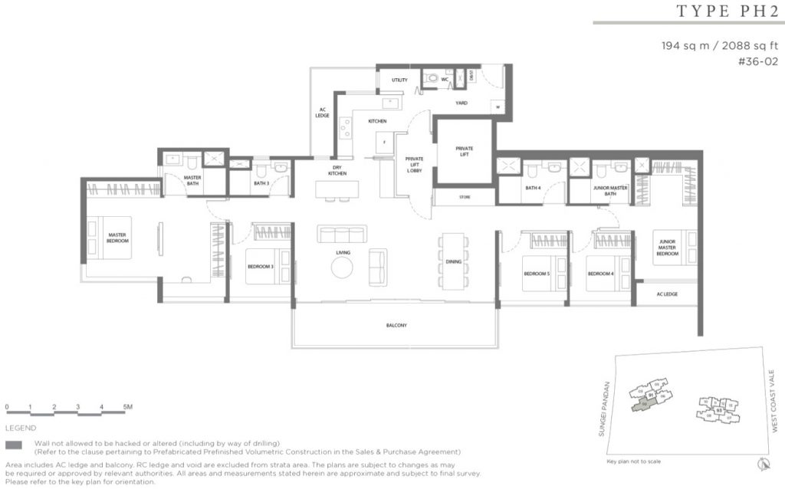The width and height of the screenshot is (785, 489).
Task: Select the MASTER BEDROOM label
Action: tap(117, 238)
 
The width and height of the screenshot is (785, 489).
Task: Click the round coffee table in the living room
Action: tap(342, 267)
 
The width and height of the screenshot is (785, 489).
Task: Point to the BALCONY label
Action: tap(396, 325)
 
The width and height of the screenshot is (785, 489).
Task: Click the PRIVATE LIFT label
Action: tap(465, 151)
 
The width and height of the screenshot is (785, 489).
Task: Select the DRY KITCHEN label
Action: tap(338, 171)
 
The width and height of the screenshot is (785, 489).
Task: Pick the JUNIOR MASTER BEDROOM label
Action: tap(668, 247)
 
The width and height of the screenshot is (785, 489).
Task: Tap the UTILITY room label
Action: tap(399, 80)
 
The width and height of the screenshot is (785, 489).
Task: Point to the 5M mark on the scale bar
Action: tap(126, 405)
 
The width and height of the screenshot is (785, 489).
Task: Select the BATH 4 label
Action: tap(534, 187)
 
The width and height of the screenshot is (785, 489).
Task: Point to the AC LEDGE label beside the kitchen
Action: tap(324, 112)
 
